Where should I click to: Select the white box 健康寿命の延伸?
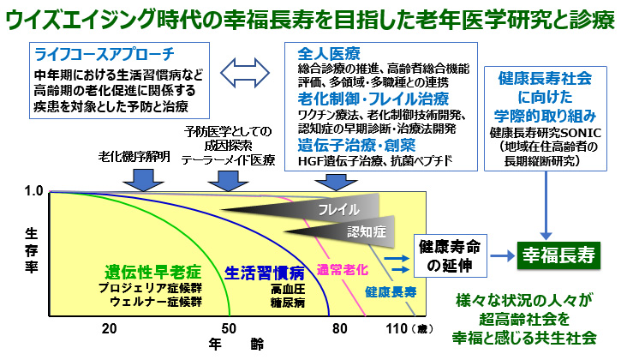pyautogui.click(x=448, y=255)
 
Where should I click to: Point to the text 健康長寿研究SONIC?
pyautogui.click(x=546, y=134)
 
